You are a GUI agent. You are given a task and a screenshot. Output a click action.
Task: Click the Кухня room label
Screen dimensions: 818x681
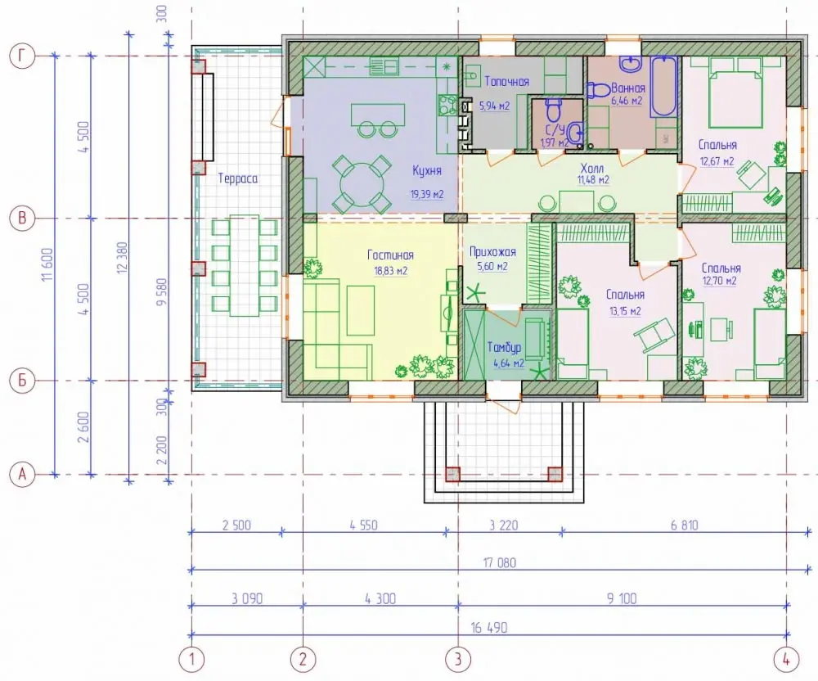[x=427, y=171]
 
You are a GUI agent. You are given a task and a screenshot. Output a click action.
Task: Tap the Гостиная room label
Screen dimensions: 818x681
[x=390, y=255]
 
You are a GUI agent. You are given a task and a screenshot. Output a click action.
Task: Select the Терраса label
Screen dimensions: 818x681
[x=238, y=178]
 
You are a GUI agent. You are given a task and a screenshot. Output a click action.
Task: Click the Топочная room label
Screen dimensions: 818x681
[x=506, y=81]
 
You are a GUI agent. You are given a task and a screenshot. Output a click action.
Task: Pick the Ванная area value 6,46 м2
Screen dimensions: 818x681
[x=627, y=101]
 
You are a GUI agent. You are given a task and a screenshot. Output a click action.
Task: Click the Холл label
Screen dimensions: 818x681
[x=591, y=169]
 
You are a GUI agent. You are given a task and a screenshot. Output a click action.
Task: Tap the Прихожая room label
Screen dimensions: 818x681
[x=492, y=252]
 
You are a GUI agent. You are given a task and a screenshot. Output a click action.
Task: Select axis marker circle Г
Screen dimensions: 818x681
[x=22, y=56]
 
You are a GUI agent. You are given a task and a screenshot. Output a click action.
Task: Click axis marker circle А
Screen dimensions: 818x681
[x=22, y=475]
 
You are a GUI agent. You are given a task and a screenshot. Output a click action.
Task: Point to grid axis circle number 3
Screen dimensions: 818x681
[x=458, y=659]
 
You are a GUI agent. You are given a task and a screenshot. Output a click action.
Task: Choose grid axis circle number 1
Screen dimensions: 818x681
[x=191, y=659]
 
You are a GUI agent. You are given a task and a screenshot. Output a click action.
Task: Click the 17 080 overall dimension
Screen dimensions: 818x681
[x=500, y=562]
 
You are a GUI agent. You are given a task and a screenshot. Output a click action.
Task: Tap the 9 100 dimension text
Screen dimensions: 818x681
[x=622, y=598]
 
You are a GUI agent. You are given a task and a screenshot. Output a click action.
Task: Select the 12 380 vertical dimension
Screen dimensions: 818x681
[x=122, y=258]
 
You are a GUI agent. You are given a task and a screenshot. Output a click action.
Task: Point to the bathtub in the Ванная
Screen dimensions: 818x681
[x=663, y=86]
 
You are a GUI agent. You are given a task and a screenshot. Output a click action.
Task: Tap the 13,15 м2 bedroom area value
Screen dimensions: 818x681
[x=625, y=312]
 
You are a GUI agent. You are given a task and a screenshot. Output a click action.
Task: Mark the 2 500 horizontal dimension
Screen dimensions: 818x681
[x=236, y=525]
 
